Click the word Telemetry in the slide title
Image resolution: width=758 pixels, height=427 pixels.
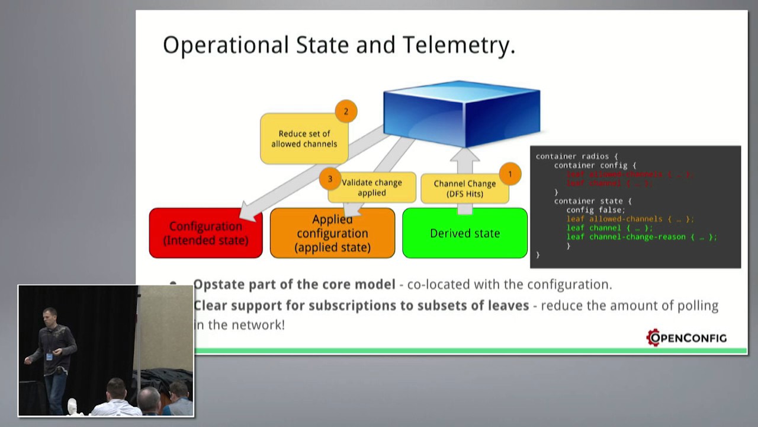click(x=458, y=46)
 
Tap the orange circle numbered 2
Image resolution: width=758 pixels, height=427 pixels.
click(x=346, y=111)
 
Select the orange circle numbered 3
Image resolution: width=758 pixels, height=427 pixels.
click(x=330, y=179)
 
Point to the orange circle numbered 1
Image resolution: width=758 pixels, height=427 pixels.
click(x=509, y=174)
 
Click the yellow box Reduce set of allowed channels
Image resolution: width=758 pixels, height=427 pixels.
click(x=304, y=139)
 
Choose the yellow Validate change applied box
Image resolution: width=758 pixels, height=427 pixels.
click(x=372, y=187)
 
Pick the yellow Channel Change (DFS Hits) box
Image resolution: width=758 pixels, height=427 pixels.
click(x=464, y=189)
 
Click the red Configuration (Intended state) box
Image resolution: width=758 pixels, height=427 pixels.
click(x=205, y=233)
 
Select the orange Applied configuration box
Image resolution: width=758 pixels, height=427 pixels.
click(x=332, y=234)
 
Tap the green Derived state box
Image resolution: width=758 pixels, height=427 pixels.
click(x=465, y=234)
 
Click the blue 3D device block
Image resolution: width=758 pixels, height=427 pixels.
click(x=461, y=113)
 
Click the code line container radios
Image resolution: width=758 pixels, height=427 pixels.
click(x=576, y=157)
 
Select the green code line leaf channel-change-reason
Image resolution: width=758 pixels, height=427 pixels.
click(x=641, y=237)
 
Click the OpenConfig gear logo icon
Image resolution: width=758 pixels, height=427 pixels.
click(x=653, y=337)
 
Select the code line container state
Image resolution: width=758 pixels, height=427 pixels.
click(x=592, y=201)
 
